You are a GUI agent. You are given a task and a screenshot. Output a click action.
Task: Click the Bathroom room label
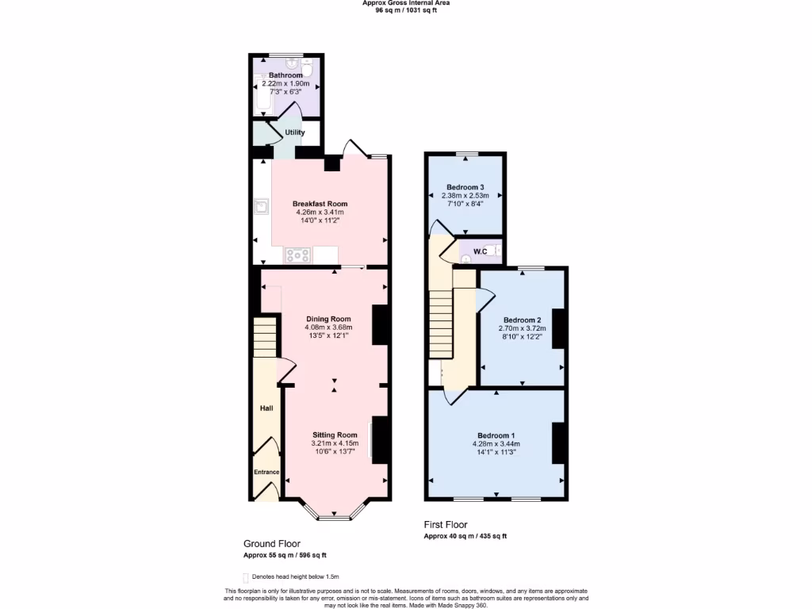pos(285,75)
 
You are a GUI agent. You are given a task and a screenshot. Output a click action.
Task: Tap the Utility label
pos(294,132)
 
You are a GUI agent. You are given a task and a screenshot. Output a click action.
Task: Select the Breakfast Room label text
pos(320,204)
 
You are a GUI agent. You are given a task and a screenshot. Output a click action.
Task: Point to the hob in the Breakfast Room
pos(298,255)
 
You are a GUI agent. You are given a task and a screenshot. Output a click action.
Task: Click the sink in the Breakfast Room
pos(261,206)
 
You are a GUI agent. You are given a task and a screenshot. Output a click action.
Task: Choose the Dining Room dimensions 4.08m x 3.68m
pos(327,327)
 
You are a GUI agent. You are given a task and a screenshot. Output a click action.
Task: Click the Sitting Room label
pos(335,435)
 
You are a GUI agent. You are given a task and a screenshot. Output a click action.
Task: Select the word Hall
pos(266,408)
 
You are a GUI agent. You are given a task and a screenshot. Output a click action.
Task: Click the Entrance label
pos(266,473)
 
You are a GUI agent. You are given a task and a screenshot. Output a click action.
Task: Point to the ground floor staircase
pos(265,337)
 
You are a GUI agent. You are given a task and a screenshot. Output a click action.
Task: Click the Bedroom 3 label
pos(464,187)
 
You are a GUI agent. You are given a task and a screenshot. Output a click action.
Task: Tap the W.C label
pos(480,253)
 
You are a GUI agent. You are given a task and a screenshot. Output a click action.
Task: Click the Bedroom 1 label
pos(496,435)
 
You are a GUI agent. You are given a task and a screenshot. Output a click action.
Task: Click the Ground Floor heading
pos(271,544)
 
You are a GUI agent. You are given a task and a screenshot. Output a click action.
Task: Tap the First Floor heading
pos(445,525)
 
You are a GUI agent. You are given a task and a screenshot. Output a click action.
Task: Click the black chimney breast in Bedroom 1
pos(558,442)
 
